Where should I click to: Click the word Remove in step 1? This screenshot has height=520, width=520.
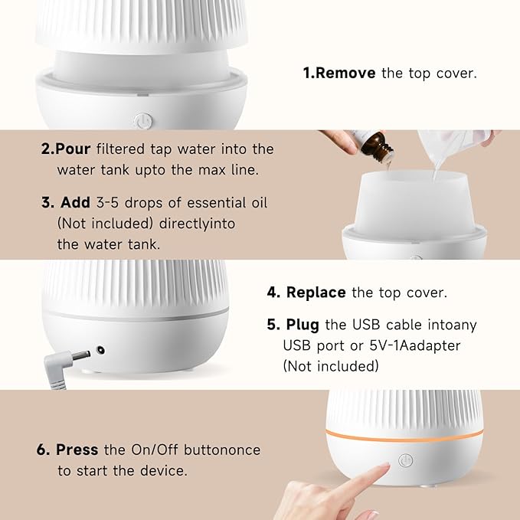pyautogui.click(x=345, y=74)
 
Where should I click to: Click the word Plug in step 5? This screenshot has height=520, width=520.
pyautogui.click(x=304, y=325)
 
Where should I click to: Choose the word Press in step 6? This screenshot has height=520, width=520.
pyautogui.click(x=78, y=450)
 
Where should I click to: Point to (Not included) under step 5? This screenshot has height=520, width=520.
pyautogui.click(x=331, y=366)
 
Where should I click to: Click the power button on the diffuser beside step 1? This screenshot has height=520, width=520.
pyautogui.click(x=141, y=120)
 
